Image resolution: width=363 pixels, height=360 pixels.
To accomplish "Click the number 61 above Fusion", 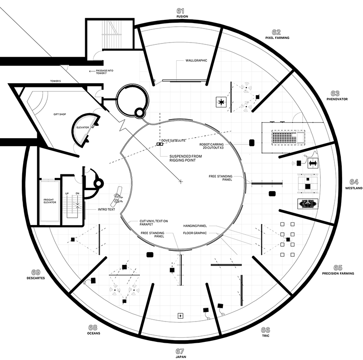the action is pyautogui.click(x=180, y=11).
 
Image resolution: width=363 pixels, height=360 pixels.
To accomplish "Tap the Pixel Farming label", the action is pyautogui.click(x=277, y=38).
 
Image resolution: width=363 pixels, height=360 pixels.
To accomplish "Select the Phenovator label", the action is pyautogui.click(x=337, y=99).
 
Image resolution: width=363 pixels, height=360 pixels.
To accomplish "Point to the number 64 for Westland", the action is pyautogui.click(x=354, y=182).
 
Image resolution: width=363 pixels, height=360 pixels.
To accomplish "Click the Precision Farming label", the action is pyautogui.click(x=338, y=273).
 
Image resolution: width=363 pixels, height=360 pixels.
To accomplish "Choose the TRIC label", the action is pyautogui.click(x=266, y=336).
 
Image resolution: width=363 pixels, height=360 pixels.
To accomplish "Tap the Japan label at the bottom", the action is pyautogui.click(x=180, y=357).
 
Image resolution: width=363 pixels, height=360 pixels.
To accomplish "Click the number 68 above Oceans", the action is pyautogui.click(x=92, y=327).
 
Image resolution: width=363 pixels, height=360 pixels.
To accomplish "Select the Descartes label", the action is pyautogui.click(x=36, y=278).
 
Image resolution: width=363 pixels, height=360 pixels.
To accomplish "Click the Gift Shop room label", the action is pyautogui.click(x=60, y=114).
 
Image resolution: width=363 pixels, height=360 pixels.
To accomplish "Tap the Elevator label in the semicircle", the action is pyautogui.click(x=82, y=128).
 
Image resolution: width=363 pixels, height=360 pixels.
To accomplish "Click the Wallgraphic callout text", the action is pyautogui.click(x=196, y=60).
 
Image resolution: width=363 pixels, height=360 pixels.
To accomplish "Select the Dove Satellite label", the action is pyautogui.click(x=174, y=140).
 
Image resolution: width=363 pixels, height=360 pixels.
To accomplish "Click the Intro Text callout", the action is pyautogui.click(x=106, y=209).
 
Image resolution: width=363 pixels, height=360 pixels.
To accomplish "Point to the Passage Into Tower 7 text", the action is pyautogui.click(x=105, y=72).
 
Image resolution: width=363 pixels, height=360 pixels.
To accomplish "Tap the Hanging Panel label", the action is pyautogui.click(x=195, y=226).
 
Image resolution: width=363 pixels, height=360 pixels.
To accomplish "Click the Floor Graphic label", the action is pyautogui.click(x=195, y=233).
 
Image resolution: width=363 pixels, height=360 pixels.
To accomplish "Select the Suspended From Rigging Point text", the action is pyautogui.click(x=185, y=158).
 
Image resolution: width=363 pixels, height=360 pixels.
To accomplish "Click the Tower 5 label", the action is pyautogui.click(x=55, y=81).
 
